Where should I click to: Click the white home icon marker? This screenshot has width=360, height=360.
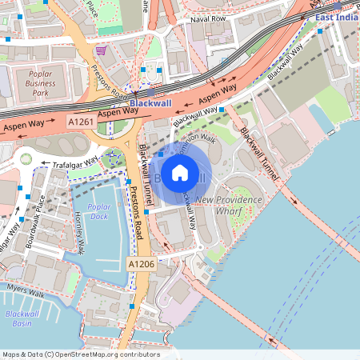coord(180,172)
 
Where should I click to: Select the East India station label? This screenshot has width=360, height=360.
coord(337,17)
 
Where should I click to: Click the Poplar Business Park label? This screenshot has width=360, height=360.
coord(40,82)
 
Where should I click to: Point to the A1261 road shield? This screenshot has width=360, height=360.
coord(80,122)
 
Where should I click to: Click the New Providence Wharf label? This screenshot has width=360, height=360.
coord(229,206)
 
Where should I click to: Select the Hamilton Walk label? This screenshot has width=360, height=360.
coord(197,146)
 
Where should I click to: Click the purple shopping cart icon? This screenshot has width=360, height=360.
coord(100,50)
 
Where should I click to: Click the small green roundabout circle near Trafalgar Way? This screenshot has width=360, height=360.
coord(26,159)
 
